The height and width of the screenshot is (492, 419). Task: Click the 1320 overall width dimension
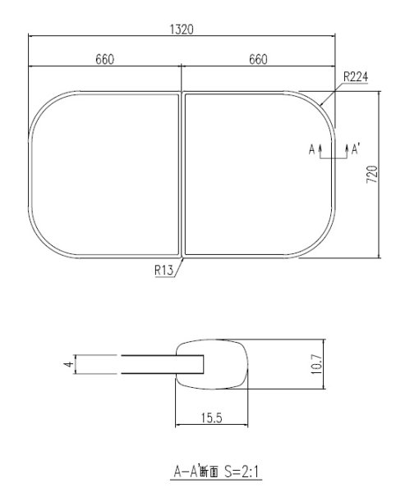click(x=182, y=29)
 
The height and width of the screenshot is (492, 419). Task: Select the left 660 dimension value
click(x=104, y=60)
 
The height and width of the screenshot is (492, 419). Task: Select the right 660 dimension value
click(x=258, y=60)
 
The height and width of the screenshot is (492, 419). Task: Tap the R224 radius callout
click(x=355, y=76)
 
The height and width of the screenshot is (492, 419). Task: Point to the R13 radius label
click(x=163, y=270)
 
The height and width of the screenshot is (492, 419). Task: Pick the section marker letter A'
click(x=356, y=149)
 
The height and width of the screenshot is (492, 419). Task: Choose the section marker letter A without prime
click(x=312, y=149)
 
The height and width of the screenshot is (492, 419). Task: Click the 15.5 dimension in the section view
click(x=211, y=417)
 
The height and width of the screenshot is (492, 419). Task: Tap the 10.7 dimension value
click(x=316, y=364)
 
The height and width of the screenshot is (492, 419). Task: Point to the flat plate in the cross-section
click(x=152, y=364)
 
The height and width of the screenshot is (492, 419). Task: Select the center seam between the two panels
click(x=182, y=174)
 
